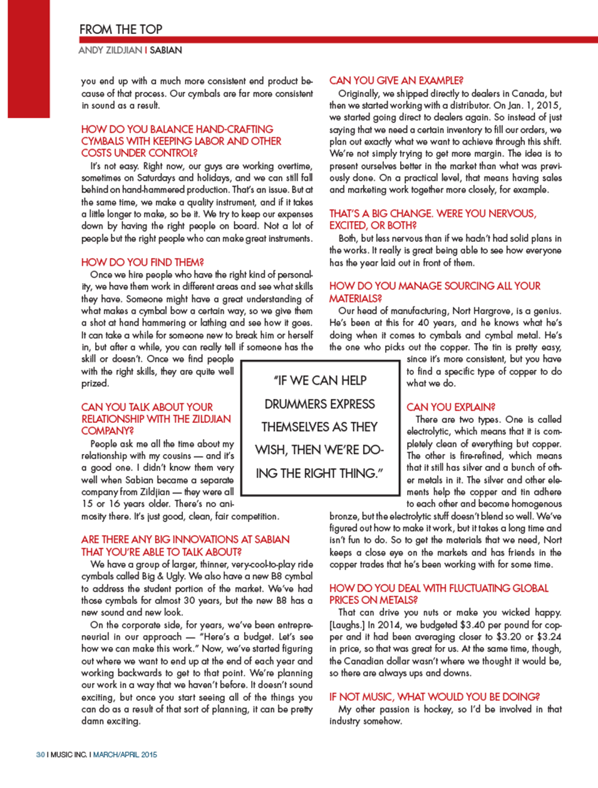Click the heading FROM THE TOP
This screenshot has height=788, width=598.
[121, 29]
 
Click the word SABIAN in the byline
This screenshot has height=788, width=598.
[166, 50]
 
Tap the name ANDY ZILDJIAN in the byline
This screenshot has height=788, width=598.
[110, 50]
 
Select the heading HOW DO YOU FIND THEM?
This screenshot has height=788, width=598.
[142, 262]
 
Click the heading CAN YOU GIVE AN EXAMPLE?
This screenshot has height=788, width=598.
[396, 81]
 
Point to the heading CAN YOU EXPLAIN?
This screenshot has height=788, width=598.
[451, 407]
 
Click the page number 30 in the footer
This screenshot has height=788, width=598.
[40, 755]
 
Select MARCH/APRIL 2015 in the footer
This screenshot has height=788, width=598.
[125, 755]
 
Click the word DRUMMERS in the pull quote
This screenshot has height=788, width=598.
[319, 404]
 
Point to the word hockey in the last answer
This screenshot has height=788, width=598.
[438, 709]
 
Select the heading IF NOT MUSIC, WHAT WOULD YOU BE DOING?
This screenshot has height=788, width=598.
[434, 697]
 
